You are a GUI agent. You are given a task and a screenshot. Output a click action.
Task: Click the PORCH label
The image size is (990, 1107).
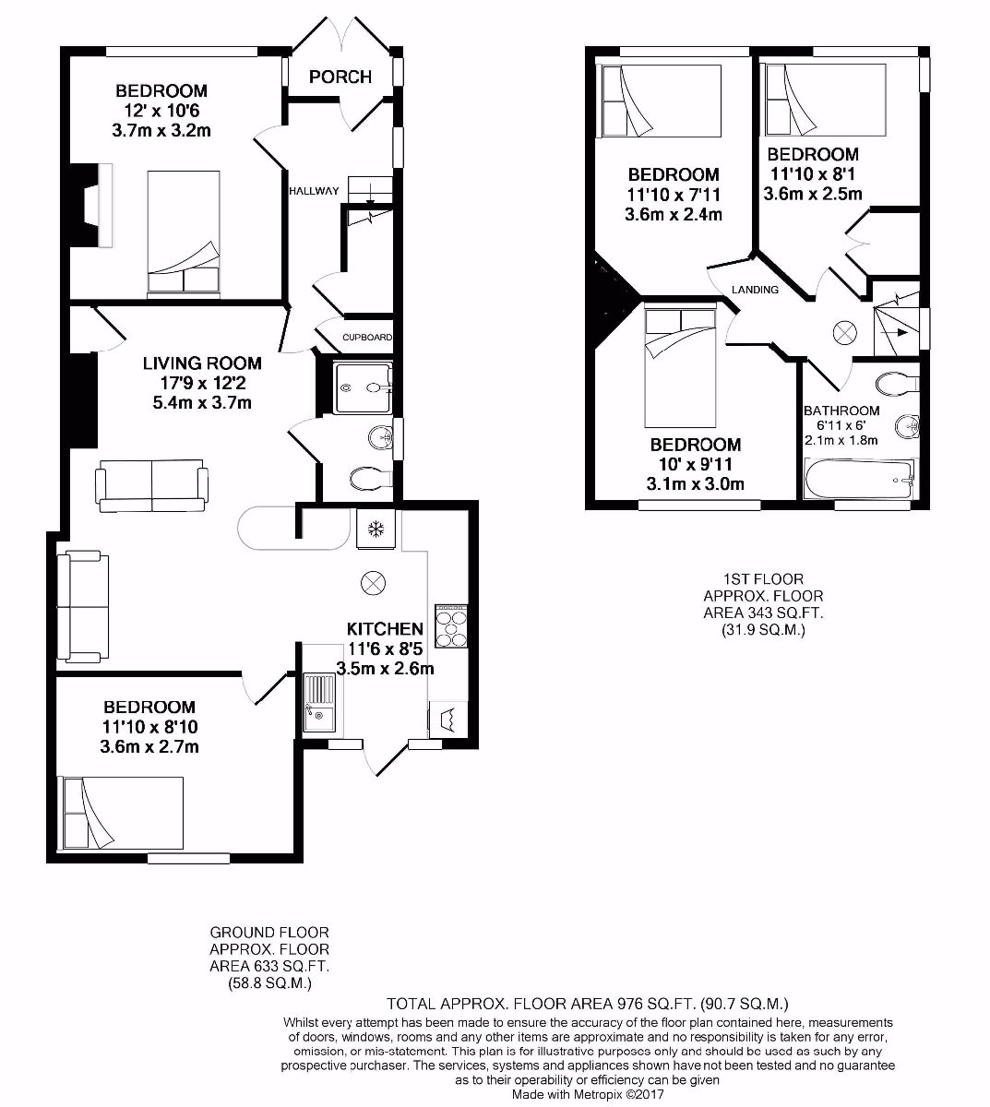pyautogui.click(x=340, y=77)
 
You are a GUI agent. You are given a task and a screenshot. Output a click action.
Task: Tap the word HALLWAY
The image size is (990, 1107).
pyautogui.click(x=314, y=191)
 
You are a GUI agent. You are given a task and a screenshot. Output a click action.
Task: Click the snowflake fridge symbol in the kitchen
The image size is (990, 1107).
pyautogui.click(x=376, y=530)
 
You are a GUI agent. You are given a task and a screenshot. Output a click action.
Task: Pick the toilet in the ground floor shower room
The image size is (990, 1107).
pyautogui.click(x=371, y=478)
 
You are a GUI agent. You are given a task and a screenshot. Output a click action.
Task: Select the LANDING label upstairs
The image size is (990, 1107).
pyautogui.click(x=755, y=290)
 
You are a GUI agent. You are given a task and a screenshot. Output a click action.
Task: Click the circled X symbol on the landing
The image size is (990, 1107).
pyautogui.click(x=845, y=332)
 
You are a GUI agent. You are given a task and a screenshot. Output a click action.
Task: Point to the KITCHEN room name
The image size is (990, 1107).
pyautogui.click(x=385, y=629)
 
